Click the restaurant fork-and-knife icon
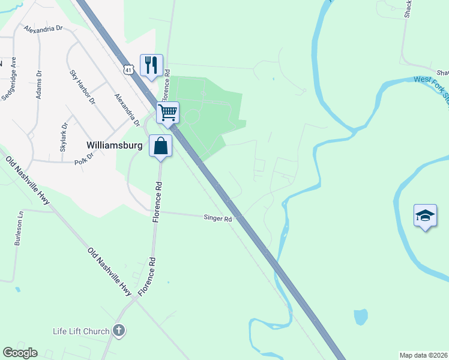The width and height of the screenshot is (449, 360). [x=151, y=64]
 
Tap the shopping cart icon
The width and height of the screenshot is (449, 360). [x=168, y=112]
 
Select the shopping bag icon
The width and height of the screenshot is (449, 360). [x=161, y=145]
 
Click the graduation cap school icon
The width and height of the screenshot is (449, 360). [x=425, y=215]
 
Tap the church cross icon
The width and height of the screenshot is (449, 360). [x=119, y=330]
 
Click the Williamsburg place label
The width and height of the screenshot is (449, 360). [x=114, y=145]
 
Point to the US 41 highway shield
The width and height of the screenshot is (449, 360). [x=129, y=70]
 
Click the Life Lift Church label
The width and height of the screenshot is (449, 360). [x=81, y=331]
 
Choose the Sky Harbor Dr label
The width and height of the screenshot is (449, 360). [x=83, y=87]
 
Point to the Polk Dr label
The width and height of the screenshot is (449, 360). [x=84, y=158]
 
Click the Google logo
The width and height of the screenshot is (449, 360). [x=20, y=353]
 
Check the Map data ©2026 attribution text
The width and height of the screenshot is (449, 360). [x=423, y=355]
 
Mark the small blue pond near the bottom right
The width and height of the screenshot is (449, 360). [x=360, y=316]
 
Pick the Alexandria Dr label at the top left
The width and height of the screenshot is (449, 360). [x=43, y=28]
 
